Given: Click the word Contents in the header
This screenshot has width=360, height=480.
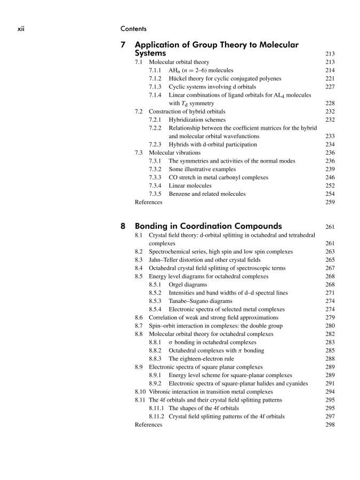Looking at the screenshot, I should click(133, 28).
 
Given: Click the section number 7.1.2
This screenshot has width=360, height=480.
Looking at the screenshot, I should click(156, 78).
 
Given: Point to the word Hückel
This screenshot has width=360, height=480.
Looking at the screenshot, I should click(179, 78).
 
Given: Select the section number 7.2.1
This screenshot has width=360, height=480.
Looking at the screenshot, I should click(156, 120).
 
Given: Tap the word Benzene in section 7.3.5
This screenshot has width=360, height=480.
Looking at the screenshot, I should click(180, 194).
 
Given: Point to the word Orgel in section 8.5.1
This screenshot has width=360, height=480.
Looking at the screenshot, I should click(176, 284).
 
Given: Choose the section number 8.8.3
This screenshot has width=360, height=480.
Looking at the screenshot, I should click(156, 358).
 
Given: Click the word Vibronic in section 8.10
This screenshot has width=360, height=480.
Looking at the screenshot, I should click(161, 391).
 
